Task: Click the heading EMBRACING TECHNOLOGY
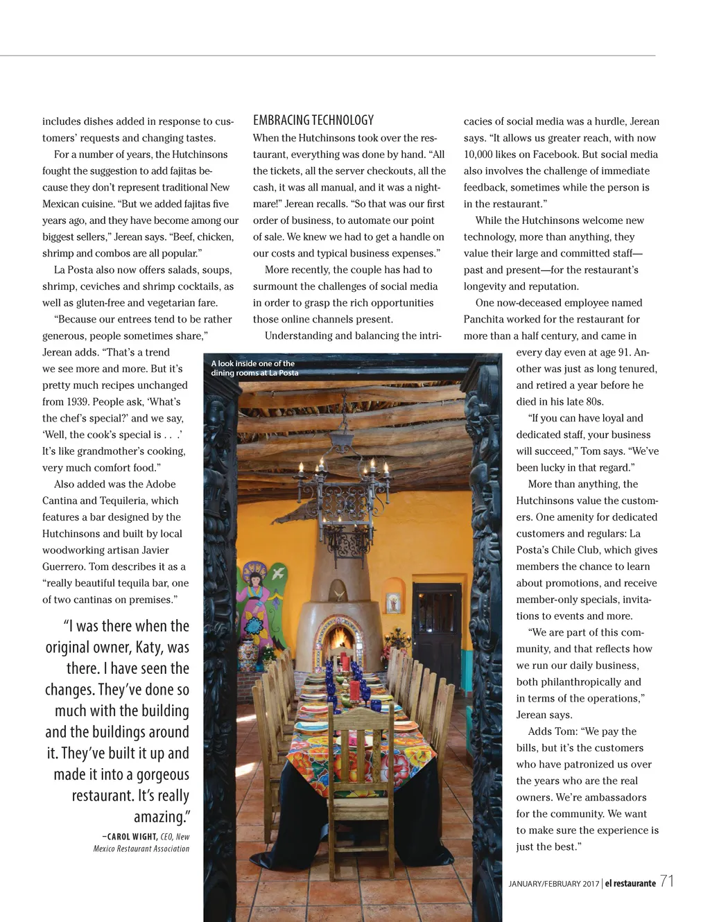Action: click(x=313, y=120)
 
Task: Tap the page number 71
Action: click(x=666, y=881)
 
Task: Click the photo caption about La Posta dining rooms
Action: click(x=254, y=368)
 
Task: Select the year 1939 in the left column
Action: click(x=56, y=401)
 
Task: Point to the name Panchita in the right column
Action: click(x=483, y=319)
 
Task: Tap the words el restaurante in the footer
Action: click(x=630, y=883)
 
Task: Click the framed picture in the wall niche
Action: click(x=393, y=602)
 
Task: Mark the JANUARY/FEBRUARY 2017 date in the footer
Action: click(x=553, y=884)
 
